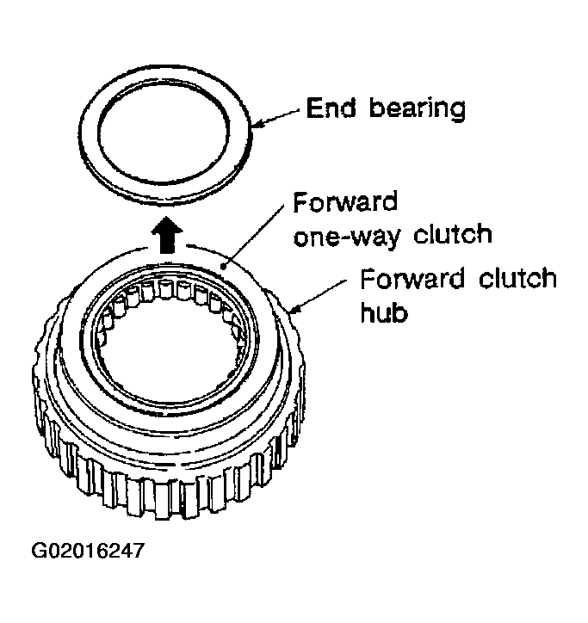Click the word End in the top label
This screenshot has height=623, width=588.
pyautogui.click(x=331, y=108)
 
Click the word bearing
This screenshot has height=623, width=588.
pyautogui.click(x=417, y=108)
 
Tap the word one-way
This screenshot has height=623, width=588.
pyautogui.click(x=346, y=236)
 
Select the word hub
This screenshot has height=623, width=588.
pyautogui.click(x=384, y=312)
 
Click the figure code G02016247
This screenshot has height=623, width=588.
pyautogui.click(x=88, y=551)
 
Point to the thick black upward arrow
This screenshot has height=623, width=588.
pyautogui.click(x=167, y=234)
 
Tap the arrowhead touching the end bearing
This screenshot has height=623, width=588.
pyautogui.click(x=257, y=125)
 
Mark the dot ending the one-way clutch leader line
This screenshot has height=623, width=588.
pyautogui.click(x=224, y=267)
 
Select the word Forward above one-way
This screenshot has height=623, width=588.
pyautogui.click(x=345, y=202)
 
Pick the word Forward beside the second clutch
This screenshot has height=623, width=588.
pyautogui.click(x=412, y=278)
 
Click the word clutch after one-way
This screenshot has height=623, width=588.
pyautogui.click(x=453, y=233)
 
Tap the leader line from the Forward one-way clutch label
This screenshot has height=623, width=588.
pyautogui.click(x=254, y=236)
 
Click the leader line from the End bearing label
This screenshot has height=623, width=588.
pyautogui.click(x=279, y=118)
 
